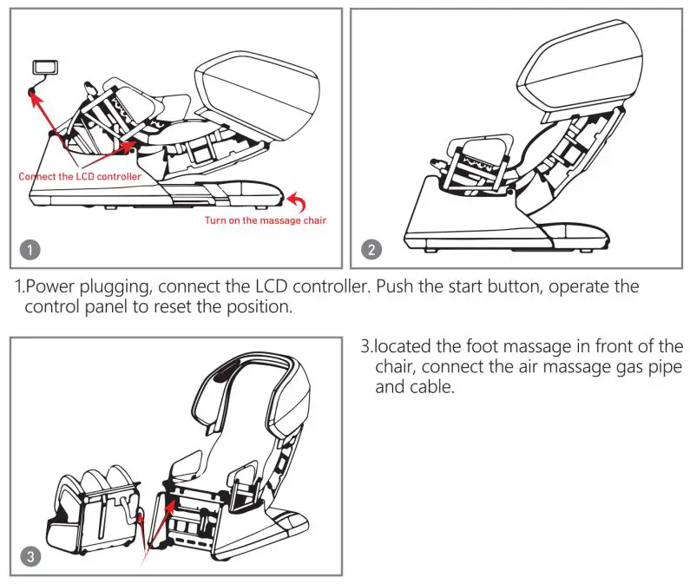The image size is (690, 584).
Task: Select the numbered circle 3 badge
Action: click(30, 556)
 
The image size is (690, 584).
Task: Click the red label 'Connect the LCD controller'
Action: click(80, 177)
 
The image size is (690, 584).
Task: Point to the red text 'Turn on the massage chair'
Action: click(266, 220)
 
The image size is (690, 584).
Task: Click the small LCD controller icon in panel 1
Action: click(43, 68)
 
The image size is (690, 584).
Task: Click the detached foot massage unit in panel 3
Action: click(95, 512)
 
